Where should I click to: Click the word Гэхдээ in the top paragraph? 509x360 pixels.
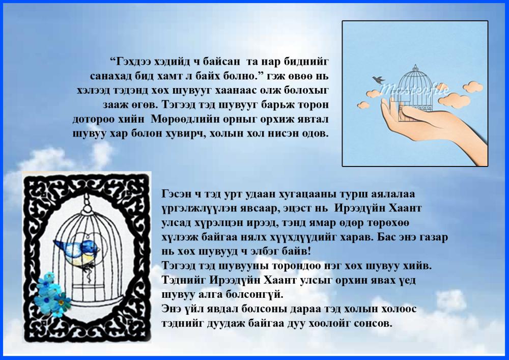[130, 62]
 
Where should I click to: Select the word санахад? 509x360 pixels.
[109, 76]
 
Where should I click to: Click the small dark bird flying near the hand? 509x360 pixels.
[378, 79]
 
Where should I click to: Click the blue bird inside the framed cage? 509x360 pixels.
[77, 251]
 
